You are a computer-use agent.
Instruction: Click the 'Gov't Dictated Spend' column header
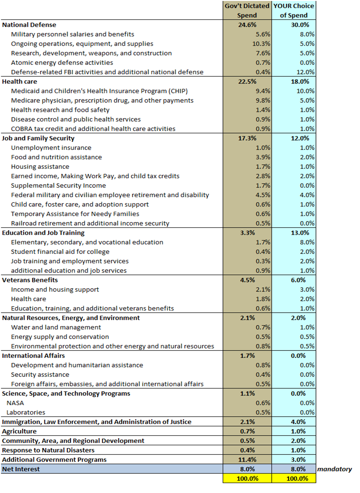[x=247, y=10]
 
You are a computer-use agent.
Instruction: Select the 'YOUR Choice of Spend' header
[x=294, y=10]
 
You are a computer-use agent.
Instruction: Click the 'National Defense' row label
[x=29, y=25]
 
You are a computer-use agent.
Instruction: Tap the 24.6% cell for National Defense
[x=247, y=25]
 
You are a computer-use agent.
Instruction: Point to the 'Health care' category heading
[x=19, y=81]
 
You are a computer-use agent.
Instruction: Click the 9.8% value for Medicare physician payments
[x=263, y=100]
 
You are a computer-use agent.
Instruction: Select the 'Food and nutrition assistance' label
[x=56, y=157]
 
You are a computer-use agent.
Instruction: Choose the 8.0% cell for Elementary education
[x=307, y=242]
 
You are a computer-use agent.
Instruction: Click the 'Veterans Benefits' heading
[x=30, y=280]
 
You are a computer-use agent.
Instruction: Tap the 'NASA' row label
[x=15, y=403]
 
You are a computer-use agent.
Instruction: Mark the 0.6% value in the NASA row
[x=263, y=403]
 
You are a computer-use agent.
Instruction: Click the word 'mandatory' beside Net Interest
[x=334, y=469]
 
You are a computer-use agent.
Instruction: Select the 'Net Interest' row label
[x=21, y=469]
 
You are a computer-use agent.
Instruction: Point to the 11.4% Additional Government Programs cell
[x=247, y=459]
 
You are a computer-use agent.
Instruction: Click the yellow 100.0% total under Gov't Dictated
[x=247, y=478]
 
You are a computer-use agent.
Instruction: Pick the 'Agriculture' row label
[x=19, y=432]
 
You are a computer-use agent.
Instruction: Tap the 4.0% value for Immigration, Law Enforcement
[x=298, y=422]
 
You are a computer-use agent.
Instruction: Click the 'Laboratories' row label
[x=26, y=412]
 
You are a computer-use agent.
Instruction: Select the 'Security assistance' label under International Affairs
[x=40, y=374]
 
